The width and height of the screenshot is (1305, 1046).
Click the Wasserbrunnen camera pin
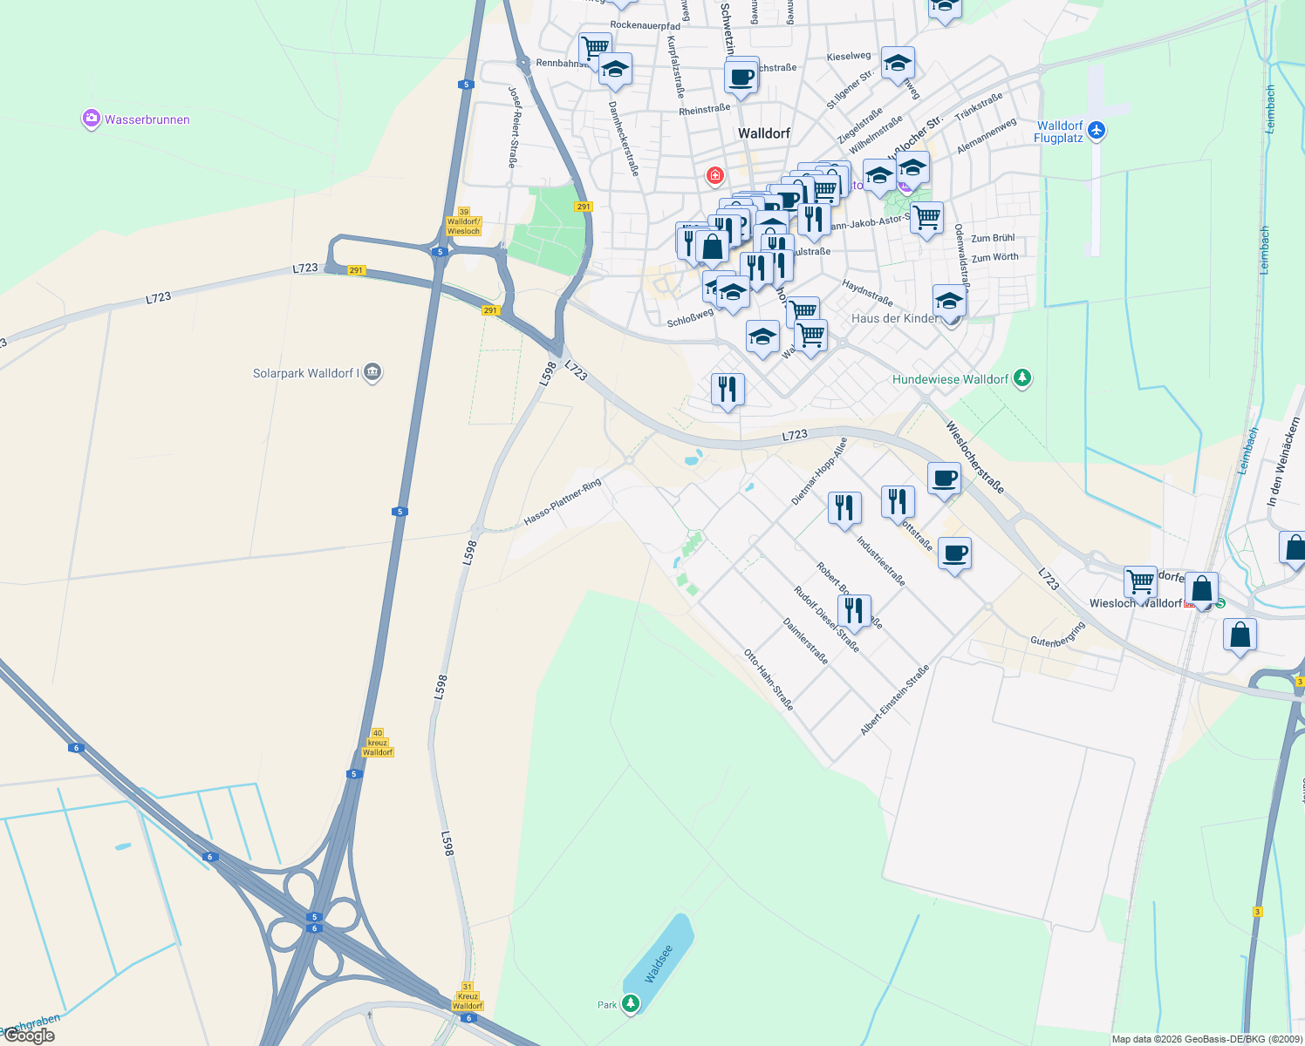point(92,119)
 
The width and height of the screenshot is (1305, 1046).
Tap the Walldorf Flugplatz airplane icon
point(1097,131)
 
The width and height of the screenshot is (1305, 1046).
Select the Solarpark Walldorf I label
point(305,373)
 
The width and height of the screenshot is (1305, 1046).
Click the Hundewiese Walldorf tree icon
point(1022,378)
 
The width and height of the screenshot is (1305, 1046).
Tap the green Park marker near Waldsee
point(630,1004)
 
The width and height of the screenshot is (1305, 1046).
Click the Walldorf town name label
point(764,133)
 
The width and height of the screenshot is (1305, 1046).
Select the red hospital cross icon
point(715,176)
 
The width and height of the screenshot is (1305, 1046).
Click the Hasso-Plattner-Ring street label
point(563,502)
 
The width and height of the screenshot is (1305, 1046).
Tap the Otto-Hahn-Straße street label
point(769,680)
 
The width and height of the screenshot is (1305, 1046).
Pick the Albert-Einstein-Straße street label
point(894,700)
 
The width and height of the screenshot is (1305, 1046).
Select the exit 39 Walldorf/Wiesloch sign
point(463,221)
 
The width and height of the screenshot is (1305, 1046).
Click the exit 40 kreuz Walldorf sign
point(378,743)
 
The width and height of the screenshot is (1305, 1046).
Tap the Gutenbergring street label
point(1057,635)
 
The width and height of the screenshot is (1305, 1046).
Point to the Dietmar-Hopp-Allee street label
point(819,472)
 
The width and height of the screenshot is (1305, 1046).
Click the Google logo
point(29,1036)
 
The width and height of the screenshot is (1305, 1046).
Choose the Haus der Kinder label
point(895,318)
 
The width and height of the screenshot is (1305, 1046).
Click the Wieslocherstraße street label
point(975,458)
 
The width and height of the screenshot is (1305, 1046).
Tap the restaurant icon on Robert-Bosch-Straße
point(854,611)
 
